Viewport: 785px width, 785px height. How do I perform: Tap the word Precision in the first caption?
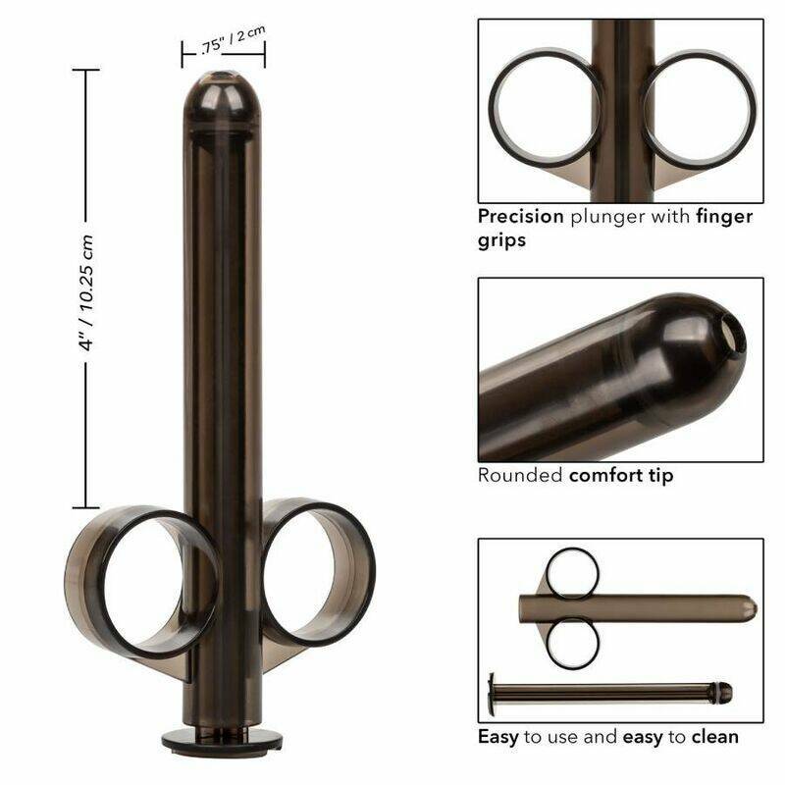coord(520,216)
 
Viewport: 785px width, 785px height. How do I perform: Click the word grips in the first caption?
coord(501,239)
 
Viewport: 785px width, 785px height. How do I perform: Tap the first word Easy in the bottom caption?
coord(497,736)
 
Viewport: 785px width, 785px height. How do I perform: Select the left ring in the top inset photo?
coord(544,108)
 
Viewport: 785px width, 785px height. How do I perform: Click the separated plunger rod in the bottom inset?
coord(608,693)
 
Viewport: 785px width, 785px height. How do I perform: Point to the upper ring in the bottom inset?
coord(572,573)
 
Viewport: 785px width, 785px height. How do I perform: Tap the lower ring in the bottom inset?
coord(571,644)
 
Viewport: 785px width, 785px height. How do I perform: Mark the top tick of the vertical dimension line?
coord(86,70)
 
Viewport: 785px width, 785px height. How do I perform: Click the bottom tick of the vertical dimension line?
coord(86,506)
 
